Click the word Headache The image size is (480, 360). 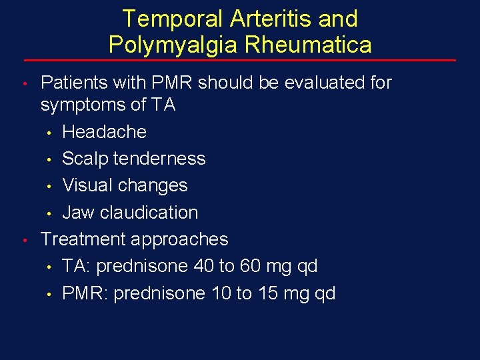pyautogui.click(x=104, y=132)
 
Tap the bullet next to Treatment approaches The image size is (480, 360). pyautogui.click(x=23, y=240)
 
